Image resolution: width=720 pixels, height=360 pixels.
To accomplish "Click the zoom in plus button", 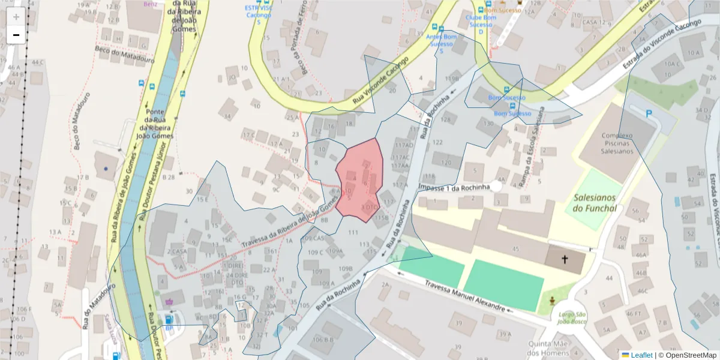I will coord(16,17).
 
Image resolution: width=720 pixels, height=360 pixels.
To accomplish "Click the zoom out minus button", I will coord(16,35).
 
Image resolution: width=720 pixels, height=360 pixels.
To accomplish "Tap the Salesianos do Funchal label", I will coord(595,202).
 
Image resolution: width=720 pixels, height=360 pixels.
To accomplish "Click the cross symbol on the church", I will coord(565,259).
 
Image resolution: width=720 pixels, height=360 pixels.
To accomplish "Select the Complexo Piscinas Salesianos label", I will coord(617,143).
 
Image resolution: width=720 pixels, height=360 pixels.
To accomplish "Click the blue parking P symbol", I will coord(649,113).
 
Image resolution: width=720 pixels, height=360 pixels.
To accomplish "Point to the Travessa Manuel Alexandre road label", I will coord(464,296).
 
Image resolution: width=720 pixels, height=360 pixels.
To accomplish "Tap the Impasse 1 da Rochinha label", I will coord(455,187).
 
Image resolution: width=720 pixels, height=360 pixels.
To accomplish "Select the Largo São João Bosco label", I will coord(571,319).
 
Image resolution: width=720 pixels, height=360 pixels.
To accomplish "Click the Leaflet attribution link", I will coord(641,355).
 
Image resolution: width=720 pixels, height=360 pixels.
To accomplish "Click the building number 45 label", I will coord(515,249).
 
